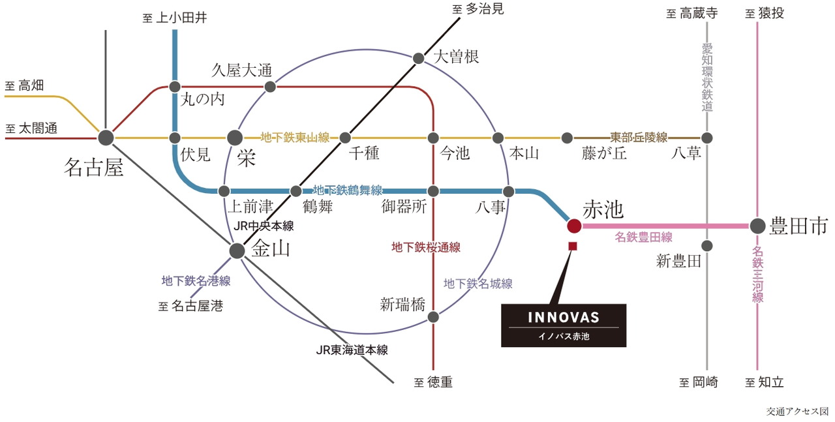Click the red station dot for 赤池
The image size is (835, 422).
tap(574, 226)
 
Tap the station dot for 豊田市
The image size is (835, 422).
tap(757, 226)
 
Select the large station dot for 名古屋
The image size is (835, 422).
tap(106, 138)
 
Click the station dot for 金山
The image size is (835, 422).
tap(237, 250)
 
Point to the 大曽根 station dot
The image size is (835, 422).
tap(419, 58)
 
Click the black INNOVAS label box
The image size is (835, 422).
tap(564, 325)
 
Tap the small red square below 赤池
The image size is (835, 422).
tap(573, 246)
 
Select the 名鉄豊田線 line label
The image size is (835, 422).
tap(643, 237)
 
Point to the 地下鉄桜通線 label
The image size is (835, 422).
tap(426, 247)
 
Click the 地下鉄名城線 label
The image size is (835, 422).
tap(478, 283)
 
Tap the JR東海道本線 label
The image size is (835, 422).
tap(352, 350)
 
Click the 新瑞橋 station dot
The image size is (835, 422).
tap(433, 317)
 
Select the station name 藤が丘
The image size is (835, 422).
tap(603, 153)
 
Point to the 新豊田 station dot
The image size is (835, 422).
tap(707, 246)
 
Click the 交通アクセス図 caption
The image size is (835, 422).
tap(797, 412)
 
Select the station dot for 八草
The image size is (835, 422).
tap(707, 138)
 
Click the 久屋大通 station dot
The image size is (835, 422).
tap(269, 86)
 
